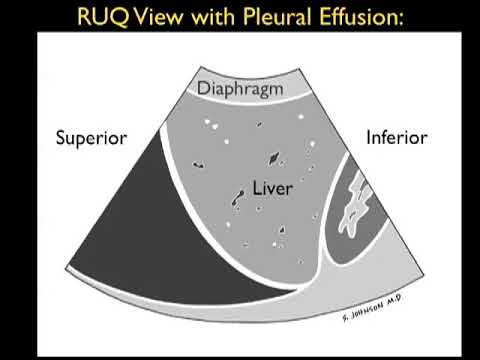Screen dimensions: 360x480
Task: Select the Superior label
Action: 91,138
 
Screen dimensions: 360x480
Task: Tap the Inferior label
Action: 396,136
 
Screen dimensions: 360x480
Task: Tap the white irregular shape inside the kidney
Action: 360,205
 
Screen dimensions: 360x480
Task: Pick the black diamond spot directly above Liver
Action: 272,158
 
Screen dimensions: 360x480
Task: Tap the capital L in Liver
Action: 256,187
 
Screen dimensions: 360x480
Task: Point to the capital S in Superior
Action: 61,138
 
